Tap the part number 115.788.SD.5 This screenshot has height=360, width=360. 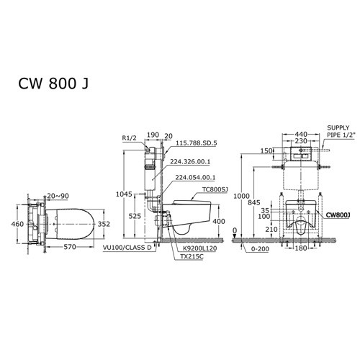196,144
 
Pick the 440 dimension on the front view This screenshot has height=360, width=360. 302,134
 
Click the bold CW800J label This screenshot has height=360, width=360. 338,214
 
